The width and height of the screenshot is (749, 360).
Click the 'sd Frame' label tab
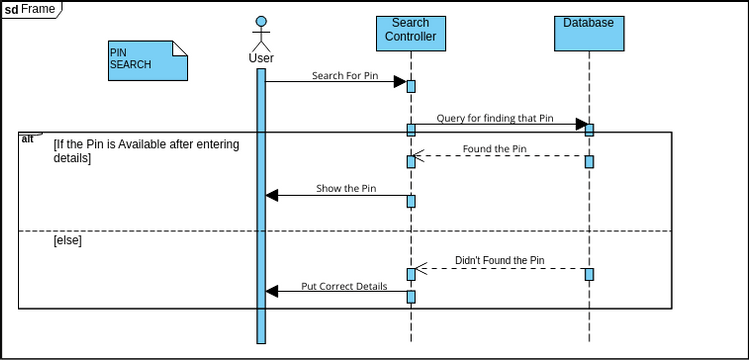pyautogui.click(x=30, y=9)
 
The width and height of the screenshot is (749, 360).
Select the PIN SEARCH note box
pyautogui.click(x=147, y=60)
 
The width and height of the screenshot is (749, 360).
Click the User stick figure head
pyautogui.click(x=261, y=22)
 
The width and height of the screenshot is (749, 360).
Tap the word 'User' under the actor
pyautogui.click(x=261, y=58)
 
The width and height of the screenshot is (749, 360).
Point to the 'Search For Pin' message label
pyautogui.click(x=345, y=75)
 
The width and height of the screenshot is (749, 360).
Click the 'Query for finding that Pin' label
pyautogui.click(x=495, y=118)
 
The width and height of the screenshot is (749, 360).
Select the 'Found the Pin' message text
pyautogui.click(x=495, y=150)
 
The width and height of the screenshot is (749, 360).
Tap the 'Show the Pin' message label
pyautogui.click(x=346, y=188)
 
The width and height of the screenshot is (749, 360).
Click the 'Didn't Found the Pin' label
pyautogui.click(x=499, y=261)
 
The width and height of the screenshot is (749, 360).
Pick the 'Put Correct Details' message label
pyautogui.click(x=344, y=286)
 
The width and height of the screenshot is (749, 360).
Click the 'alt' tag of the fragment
pyautogui.click(x=28, y=138)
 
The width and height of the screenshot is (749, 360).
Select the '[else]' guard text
pyautogui.click(x=68, y=241)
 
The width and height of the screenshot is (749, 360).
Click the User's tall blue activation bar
pyautogui.click(x=261, y=220)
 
